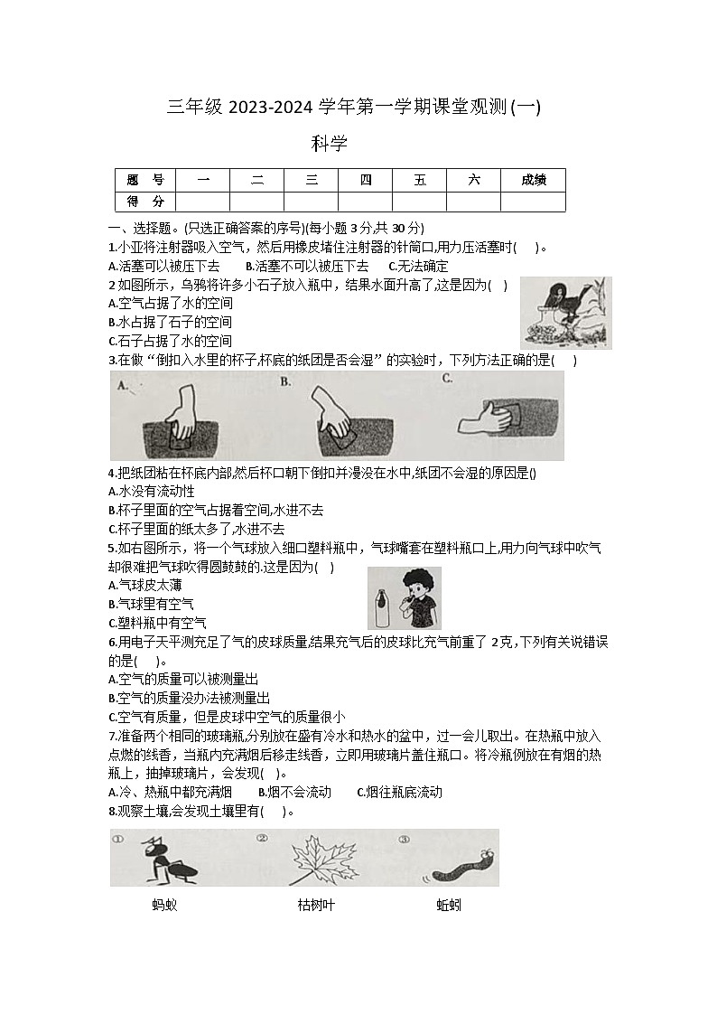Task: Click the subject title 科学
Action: (x=330, y=143)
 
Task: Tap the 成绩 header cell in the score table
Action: (x=533, y=180)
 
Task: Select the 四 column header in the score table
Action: (x=365, y=180)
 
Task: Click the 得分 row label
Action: (x=145, y=201)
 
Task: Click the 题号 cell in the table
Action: (x=145, y=180)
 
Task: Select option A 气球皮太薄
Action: (x=144, y=585)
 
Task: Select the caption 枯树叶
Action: (x=316, y=904)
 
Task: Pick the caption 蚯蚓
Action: (x=449, y=904)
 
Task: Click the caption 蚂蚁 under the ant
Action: (x=164, y=904)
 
